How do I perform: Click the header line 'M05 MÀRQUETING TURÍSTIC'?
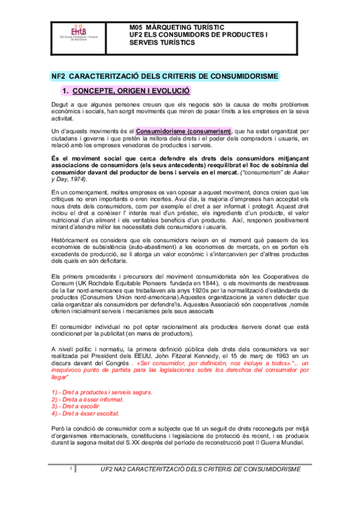[x=177, y=28]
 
